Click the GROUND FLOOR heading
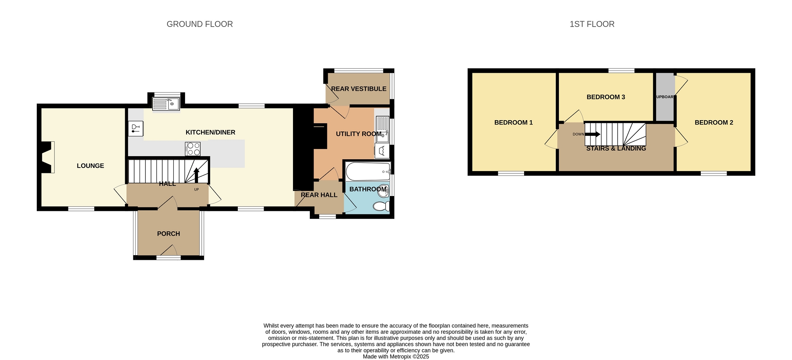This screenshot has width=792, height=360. click(199, 24)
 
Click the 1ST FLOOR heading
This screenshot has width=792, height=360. click(592, 24)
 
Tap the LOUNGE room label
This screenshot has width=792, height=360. click(90, 166)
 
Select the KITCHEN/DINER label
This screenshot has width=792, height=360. click(210, 132)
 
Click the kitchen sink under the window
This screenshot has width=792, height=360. click(166, 104)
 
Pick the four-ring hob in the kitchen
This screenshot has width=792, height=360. click(193, 149)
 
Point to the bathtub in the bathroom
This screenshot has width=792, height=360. click(368, 171)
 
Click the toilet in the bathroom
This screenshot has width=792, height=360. click(381, 206)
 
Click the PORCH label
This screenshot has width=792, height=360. click(169, 234)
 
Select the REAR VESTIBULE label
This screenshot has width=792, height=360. click(359, 89)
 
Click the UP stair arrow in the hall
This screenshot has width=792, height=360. click(196, 175)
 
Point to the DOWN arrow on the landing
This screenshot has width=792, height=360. click(593, 134)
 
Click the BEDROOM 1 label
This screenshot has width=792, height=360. click(514, 122)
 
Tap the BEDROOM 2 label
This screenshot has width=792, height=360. click(714, 122)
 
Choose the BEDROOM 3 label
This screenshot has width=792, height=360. click(606, 97)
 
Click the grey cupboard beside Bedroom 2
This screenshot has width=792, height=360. click(665, 97)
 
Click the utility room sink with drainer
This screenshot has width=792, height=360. click(383, 130)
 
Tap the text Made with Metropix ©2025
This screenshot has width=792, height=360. click(396, 356)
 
